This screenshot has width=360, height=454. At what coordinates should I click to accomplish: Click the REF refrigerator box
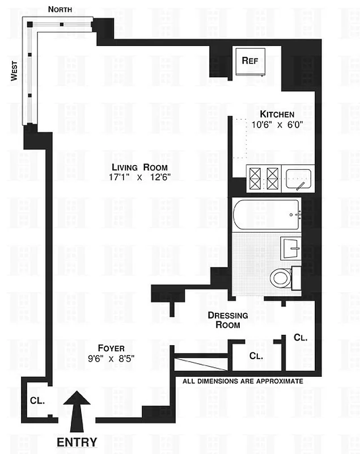tap(250, 61)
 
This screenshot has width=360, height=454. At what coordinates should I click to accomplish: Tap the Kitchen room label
tap(277, 114)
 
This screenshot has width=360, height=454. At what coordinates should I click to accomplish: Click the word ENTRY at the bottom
tap(77, 442)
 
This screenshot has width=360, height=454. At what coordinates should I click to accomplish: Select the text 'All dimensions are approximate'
tap(243, 381)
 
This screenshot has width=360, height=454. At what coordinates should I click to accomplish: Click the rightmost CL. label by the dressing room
tap(300, 338)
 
